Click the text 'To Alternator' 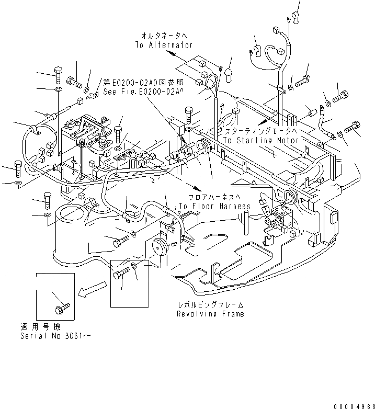(x=164, y=46)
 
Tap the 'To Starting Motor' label (x=261, y=140)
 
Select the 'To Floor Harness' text (x=214, y=206)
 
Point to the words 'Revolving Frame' (x=210, y=314)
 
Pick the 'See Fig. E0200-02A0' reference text (x=143, y=92)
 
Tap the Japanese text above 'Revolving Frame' (x=210, y=304)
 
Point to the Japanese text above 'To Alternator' (x=164, y=36)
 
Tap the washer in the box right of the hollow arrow (x=135, y=268)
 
